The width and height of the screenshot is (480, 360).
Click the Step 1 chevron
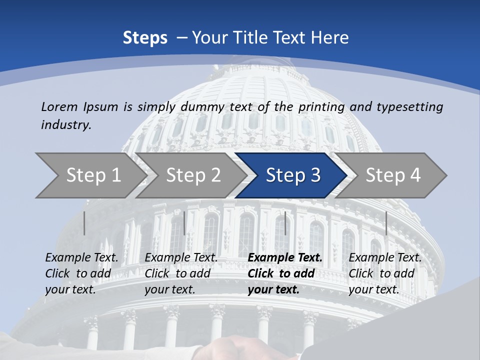click(x=90, y=175)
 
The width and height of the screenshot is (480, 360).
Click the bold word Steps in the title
click(x=145, y=38)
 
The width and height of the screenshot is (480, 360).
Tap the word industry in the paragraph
click(x=65, y=125)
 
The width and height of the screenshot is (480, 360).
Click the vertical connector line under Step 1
click(x=84, y=223)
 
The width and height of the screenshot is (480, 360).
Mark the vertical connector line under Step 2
click(x=184, y=223)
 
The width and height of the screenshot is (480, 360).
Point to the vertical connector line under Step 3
click(x=285, y=223)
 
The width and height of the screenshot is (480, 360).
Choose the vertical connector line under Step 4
click(x=386, y=223)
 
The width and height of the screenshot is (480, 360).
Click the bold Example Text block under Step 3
click(x=284, y=273)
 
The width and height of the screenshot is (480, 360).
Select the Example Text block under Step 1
click(x=81, y=273)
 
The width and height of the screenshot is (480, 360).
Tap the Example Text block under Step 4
click(x=384, y=273)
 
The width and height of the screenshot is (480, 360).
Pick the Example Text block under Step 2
click(x=181, y=273)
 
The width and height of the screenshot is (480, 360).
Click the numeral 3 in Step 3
click(x=314, y=175)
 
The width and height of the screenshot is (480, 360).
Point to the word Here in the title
click(x=329, y=38)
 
